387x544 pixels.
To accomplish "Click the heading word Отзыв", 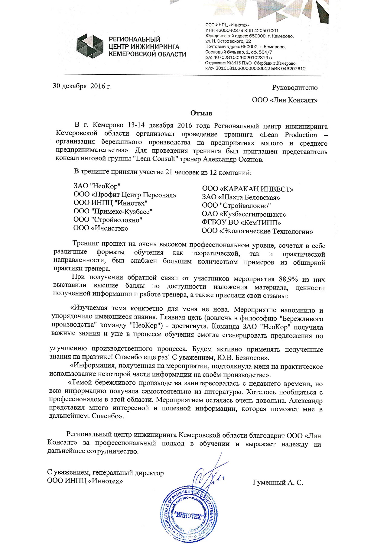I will coord(201,113).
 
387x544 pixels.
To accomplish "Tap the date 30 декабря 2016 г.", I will coord(82,86).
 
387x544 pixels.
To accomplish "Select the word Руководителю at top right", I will coord(295,88).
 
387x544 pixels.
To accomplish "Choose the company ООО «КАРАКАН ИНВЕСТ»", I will coord(248,189).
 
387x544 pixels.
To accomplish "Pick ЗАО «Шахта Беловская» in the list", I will coord(241,197).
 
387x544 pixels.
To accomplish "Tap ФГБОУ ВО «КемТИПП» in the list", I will coord(241,223).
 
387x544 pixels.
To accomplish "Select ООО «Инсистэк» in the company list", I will coord(101,228).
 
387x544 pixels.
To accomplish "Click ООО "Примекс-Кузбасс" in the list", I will coord(113,211).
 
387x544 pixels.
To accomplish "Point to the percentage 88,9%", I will coord(287,279).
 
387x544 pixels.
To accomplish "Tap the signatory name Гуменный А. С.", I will coord(278,483).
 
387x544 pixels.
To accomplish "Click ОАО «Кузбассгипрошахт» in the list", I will coord(244,215).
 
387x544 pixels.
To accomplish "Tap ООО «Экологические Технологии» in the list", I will coord(257,232).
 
